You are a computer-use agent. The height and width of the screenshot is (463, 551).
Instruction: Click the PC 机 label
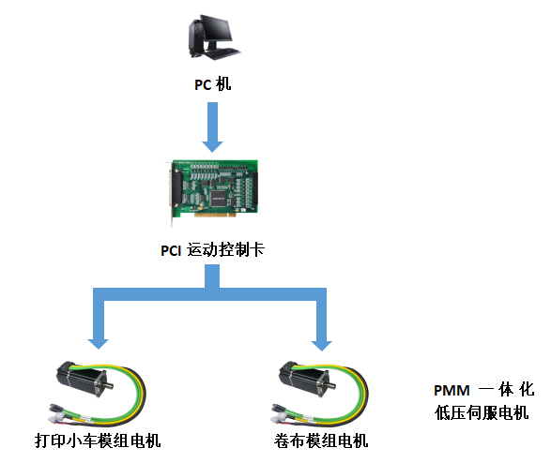(x=213, y=84)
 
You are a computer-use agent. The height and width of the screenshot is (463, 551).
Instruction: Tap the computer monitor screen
(x=218, y=28)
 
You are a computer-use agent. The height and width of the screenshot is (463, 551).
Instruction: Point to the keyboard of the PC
(x=222, y=53)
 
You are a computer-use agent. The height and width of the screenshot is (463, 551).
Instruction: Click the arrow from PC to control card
(x=212, y=127)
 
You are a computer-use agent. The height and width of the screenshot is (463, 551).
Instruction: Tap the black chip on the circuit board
(x=218, y=198)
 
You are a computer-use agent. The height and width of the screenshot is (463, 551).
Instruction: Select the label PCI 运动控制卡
(x=212, y=250)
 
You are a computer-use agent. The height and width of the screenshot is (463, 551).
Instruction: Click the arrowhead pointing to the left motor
(x=98, y=344)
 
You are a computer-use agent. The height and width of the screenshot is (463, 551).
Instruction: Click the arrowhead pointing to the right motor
(x=321, y=346)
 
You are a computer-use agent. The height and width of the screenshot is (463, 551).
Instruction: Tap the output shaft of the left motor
(x=110, y=385)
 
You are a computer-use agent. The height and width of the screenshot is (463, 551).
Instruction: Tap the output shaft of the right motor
(x=332, y=385)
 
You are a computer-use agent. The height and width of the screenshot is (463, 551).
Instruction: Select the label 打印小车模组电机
(x=98, y=441)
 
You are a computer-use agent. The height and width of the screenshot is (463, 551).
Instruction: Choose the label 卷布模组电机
(x=321, y=441)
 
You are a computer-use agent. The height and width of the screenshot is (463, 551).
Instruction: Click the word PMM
(x=452, y=391)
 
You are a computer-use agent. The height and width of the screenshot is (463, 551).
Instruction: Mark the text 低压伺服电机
(x=482, y=412)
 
